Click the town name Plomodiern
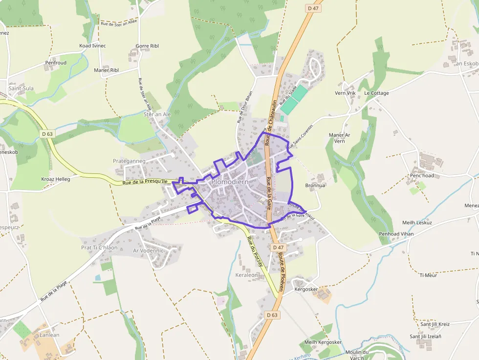[x=230, y=182]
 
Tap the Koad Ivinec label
[x=92, y=45]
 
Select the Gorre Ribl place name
[x=147, y=45]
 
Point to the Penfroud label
[x=56, y=63]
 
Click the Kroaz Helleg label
[x=56, y=179]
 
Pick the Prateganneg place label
[x=129, y=161]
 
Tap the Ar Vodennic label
[x=148, y=250]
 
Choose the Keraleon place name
[x=246, y=275]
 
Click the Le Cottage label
[x=376, y=93]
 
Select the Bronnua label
[x=315, y=186]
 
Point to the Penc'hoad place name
[x=422, y=175]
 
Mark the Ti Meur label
[x=428, y=275]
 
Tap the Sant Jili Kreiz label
[x=435, y=324]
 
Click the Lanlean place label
[x=49, y=335]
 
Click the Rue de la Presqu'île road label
[x=145, y=182]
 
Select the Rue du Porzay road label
[x=255, y=251]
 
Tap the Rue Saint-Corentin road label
[x=300, y=136]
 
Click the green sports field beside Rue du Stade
[x=295, y=100]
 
